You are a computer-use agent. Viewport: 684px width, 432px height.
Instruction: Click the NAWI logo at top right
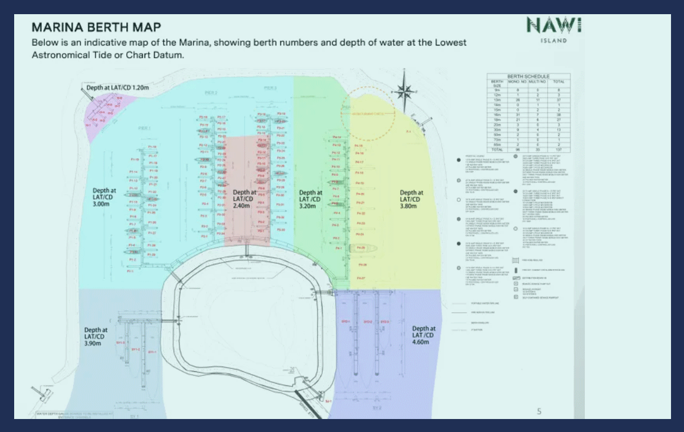553,25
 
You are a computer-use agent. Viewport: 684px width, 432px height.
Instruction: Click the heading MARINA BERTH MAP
96,28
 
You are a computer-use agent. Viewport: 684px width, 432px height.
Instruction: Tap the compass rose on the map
405,91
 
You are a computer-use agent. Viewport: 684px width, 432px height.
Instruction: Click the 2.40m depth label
245,199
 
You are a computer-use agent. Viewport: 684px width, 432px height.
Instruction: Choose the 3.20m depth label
310,199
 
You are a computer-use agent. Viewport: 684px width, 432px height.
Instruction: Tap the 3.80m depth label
411,199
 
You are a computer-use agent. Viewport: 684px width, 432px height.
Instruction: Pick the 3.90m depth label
96,337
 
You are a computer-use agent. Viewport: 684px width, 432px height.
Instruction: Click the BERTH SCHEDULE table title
528,77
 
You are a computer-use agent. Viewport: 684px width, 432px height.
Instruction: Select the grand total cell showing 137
558,150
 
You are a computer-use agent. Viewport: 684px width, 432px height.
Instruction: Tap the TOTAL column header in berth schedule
558,81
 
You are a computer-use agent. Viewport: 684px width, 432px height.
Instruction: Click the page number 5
539,411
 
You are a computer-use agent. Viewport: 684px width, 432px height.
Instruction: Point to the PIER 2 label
211,93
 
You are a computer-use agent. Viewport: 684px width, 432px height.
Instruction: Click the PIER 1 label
145,128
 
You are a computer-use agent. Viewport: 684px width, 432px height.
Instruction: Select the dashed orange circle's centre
368,114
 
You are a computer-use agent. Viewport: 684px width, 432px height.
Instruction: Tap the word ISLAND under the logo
553,41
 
